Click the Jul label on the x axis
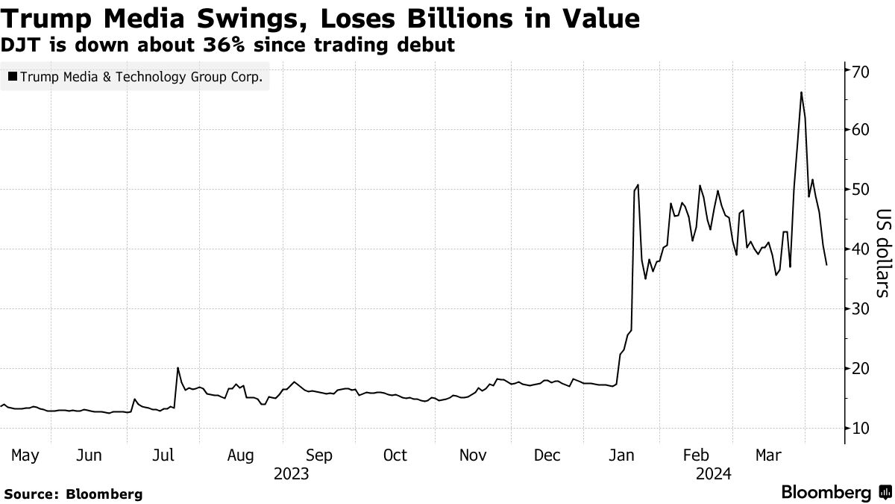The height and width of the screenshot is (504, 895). click(x=165, y=455)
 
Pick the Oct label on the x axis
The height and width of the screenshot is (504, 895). click(x=395, y=455)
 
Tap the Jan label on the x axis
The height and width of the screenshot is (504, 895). click(x=622, y=455)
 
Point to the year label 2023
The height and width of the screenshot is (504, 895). click(x=292, y=473)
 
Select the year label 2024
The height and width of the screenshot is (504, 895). click(x=713, y=473)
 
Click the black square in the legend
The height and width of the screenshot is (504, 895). click(x=13, y=76)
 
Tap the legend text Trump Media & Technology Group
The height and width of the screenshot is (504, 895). click(x=142, y=76)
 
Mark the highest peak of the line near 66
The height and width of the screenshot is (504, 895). click(x=800, y=92)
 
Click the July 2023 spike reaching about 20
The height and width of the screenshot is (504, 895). click(x=178, y=368)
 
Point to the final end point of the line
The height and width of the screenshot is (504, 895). click(x=826, y=265)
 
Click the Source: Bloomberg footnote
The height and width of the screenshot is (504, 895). click(x=73, y=494)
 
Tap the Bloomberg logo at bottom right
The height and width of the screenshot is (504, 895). click(x=835, y=493)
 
